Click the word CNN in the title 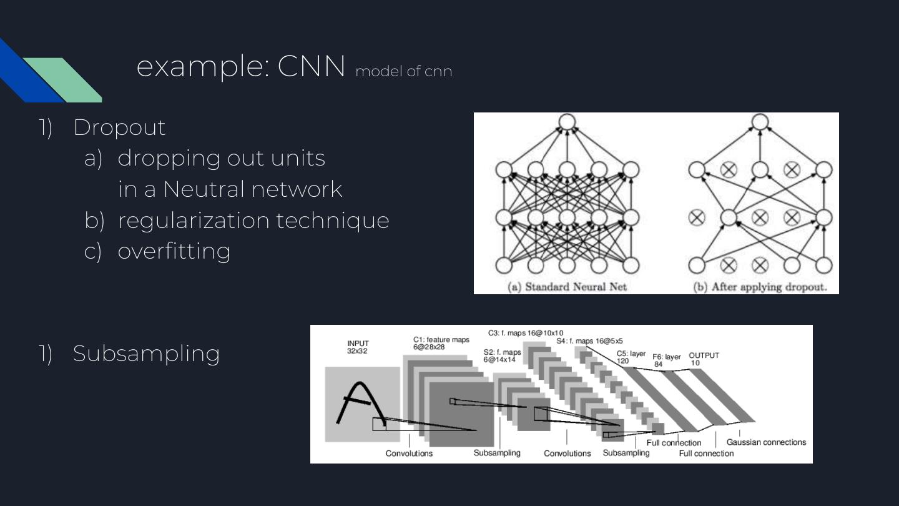pos(311,66)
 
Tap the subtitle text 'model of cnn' pos(403,71)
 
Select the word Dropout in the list pos(119,127)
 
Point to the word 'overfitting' pos(174,251)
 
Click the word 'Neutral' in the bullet pos(200,189)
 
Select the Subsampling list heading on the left pos(146,354)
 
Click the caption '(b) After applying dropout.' pos(760,287)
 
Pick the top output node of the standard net pos(567,122)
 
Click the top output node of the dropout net pos(760,122)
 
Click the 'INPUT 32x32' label pos(358,347)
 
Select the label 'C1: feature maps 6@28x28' pos(441,344)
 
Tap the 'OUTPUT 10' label pos(704,359)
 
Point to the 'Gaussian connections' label pos(766,442)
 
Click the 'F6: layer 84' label pos(666,360)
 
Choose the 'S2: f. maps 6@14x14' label pos(502,356)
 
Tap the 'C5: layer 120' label pos(631,357)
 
